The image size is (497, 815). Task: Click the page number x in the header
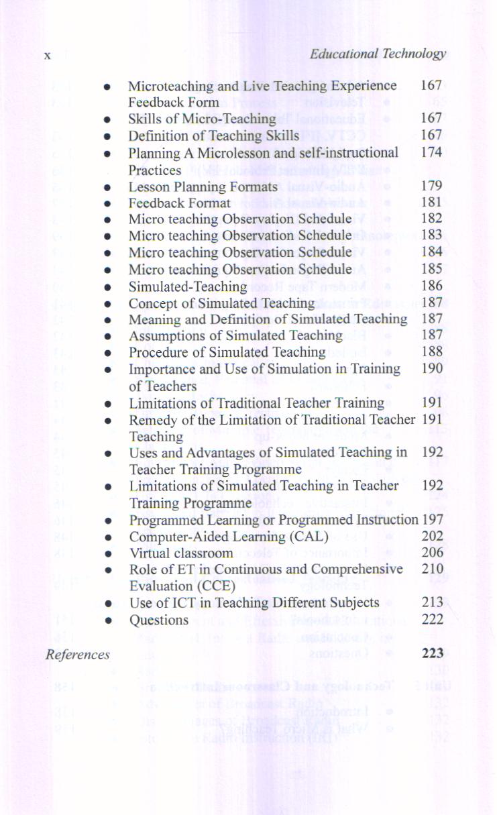point(48,56)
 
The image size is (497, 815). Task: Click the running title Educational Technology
point(378,54)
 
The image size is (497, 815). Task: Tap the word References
point(78,655)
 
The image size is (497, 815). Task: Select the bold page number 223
point(433,653)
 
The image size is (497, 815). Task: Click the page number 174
point(431,152)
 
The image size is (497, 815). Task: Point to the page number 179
point(431,186)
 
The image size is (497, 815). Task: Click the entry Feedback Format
point(179,203)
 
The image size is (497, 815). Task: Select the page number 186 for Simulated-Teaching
point(432,286)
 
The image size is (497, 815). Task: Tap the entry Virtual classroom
point(181,553)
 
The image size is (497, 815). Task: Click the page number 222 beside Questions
point(433,618)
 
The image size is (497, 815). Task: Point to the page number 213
point(433,602)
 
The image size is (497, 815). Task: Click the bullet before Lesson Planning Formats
point(107,187)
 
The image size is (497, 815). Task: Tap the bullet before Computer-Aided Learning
point(107,537)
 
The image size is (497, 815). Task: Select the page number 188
point(432,352)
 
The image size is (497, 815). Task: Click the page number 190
point(432,368)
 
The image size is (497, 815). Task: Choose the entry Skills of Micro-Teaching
point(202,119)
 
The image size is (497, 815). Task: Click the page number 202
point(433,536)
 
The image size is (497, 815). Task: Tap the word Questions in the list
point(158,620)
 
